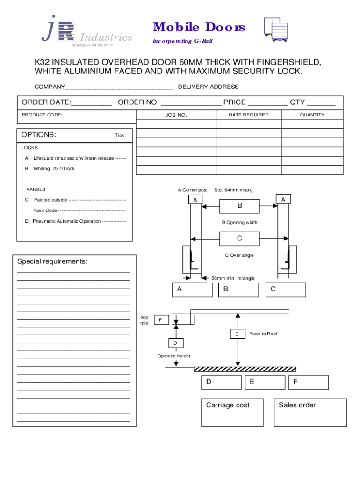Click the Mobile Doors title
pos(199,28)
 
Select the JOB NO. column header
pos(176,115)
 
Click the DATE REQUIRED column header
pos(248,115)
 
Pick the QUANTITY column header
pos(312,115)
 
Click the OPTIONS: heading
pos(39,135)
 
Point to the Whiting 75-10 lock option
pos(54,168)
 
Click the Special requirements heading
pos(52,261)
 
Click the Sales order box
pos(310,412)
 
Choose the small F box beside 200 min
pos(160,320)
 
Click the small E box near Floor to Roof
pos(237,334)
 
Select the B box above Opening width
pos(239,205)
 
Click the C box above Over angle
pos(239,239)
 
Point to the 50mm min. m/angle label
pos(233,278)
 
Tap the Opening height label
pos(173,356)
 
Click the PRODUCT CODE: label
pos(42,115)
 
